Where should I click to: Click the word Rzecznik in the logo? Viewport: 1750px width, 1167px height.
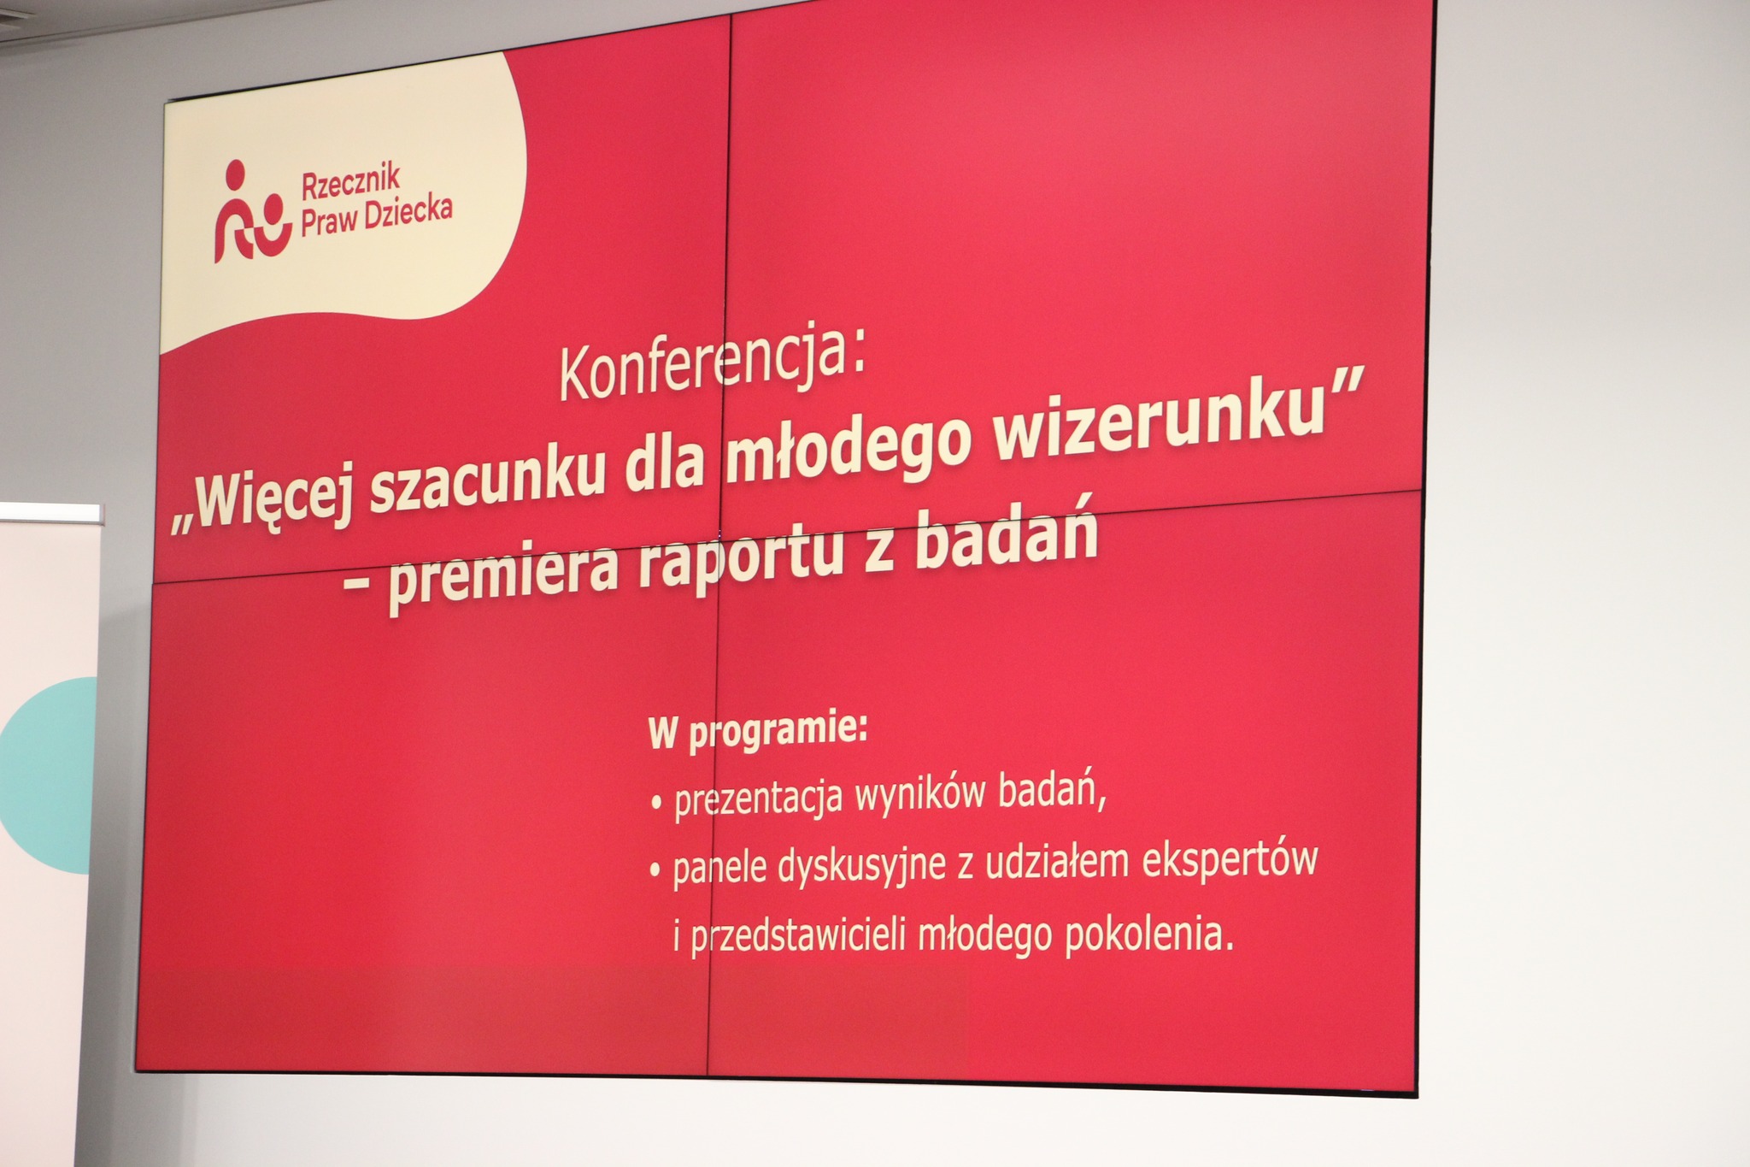[351, 182]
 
